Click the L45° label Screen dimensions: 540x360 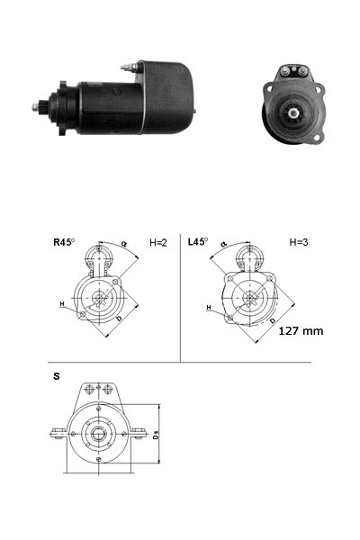coord(198,242)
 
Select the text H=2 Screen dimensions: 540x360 coord(158,242)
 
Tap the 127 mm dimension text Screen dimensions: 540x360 coord(301,330)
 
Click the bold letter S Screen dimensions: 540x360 coord(57,376)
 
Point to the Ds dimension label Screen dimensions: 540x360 coord(156,436)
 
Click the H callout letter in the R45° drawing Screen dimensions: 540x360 coord(63,305)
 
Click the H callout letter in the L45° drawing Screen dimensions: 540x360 coord(208,308)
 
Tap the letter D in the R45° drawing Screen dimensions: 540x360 coord(119,319)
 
